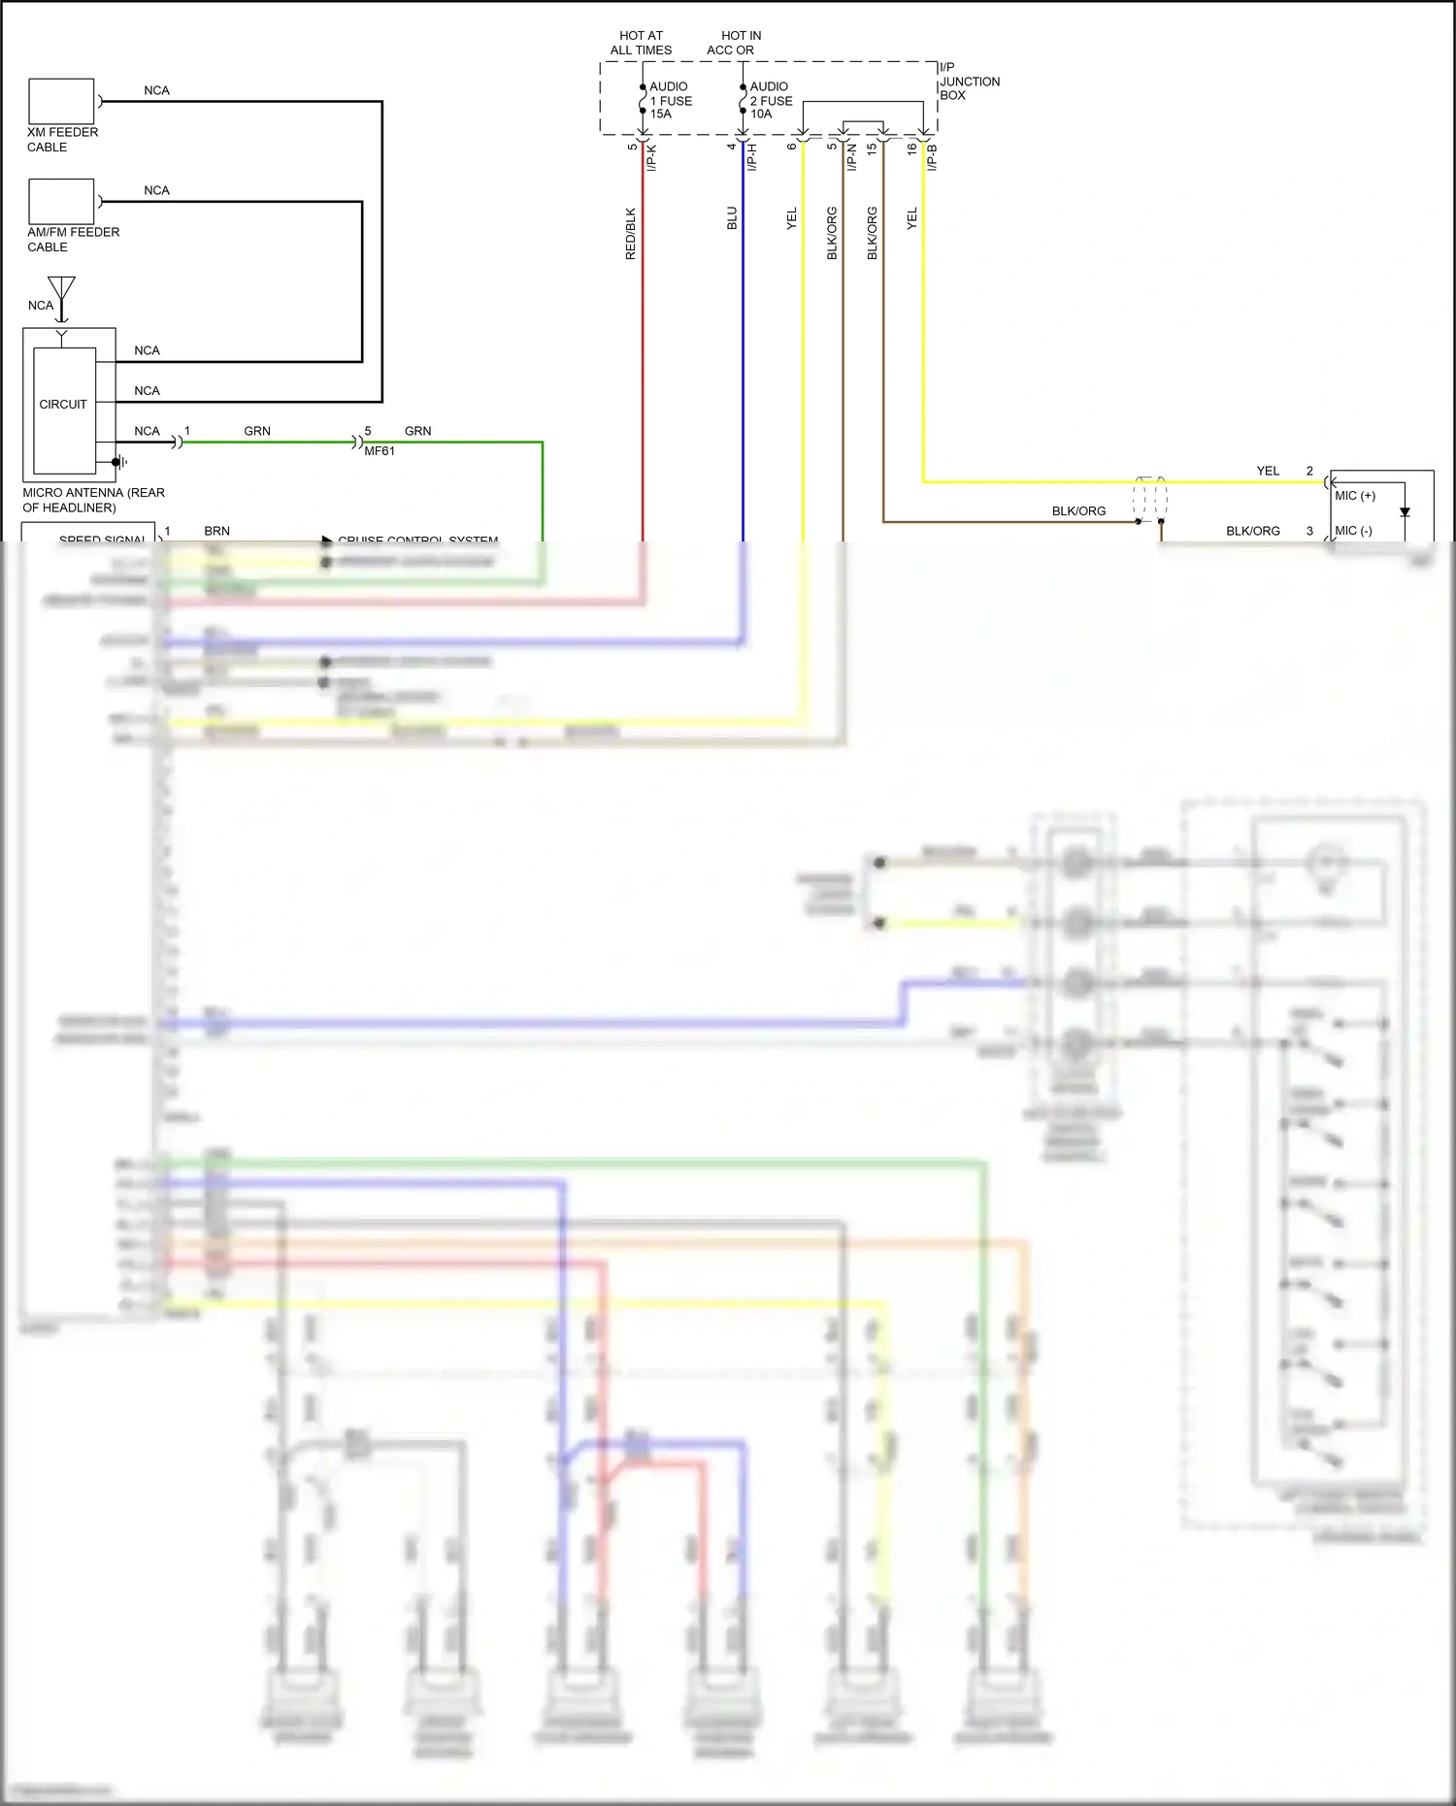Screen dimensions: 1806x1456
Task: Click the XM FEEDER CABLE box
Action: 61,101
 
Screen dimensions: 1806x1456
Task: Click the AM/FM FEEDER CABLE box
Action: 61,201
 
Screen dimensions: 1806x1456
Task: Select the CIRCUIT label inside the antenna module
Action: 63,404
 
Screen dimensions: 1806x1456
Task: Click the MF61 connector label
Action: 380,451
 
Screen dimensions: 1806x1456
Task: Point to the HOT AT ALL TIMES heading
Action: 641,43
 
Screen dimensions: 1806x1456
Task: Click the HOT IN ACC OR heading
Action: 735,43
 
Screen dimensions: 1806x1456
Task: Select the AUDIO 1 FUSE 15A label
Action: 670,100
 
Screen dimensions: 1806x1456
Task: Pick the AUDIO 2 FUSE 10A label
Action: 771,100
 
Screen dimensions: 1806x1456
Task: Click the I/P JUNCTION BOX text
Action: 968,82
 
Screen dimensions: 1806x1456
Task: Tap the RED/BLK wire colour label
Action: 630,233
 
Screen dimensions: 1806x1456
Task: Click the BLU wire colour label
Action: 732,217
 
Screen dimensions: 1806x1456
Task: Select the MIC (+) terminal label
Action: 1354,496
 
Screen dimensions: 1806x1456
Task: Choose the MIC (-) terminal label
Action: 1353,531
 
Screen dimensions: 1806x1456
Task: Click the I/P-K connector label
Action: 651,158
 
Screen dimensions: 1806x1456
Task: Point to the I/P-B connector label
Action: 932,158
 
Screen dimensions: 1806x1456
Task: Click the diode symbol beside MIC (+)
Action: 1405,511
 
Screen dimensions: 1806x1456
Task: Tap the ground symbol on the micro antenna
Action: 120,462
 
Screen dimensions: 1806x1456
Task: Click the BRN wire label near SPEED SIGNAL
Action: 216,531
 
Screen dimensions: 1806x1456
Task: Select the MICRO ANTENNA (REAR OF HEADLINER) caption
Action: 93,500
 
